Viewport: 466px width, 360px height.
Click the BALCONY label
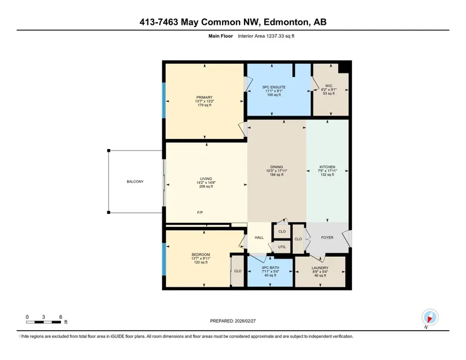(135, 182)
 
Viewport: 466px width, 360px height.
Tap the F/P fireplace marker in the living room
(200, 213)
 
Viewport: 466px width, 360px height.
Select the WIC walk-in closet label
(329, 86)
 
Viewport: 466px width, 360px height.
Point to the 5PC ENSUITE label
(274, 87)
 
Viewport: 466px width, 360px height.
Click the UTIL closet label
(282, 247)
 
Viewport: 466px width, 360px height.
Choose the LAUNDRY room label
(320, 267)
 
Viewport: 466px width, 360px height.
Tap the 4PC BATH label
(270, 267)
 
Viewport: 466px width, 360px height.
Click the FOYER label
(327, 238)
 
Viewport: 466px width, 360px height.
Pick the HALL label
(259, 238)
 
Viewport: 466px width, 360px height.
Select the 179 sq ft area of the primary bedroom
(204, 105)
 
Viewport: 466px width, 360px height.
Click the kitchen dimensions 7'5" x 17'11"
(327, 171)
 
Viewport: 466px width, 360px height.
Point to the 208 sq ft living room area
(206, 186)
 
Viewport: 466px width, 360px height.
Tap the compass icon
(430, 317)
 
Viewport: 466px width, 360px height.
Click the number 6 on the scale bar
(60, 317)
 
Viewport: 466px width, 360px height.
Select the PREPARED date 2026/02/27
(246, 321)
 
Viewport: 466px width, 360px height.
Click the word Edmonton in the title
(285, 22)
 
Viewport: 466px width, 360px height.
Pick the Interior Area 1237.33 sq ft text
(266, 36)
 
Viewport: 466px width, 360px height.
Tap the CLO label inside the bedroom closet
(238, 271)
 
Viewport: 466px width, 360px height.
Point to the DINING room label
(277, 167)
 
